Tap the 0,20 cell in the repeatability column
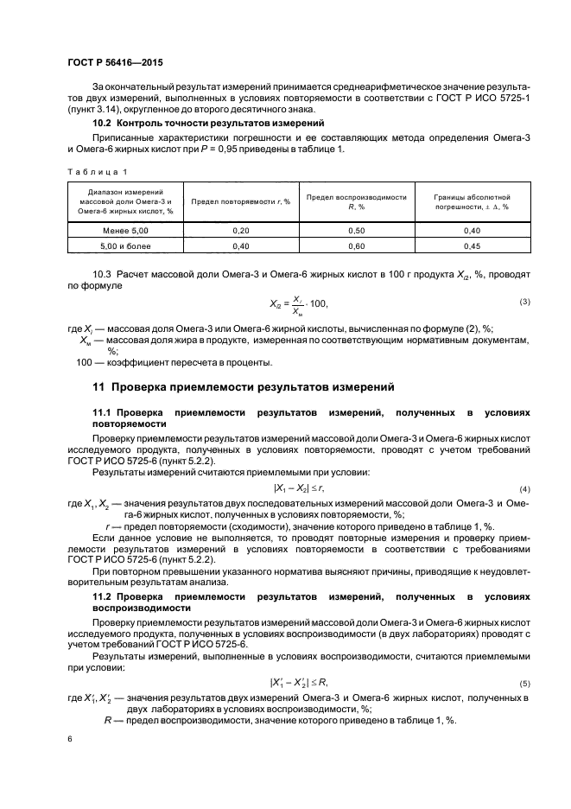pos(241,231)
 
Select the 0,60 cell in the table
pos(357,246)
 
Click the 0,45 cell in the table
pos(472,246)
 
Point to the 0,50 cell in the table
pos(357,231)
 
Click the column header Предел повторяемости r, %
pos(241,202)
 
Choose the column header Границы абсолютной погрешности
pos(472,202)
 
